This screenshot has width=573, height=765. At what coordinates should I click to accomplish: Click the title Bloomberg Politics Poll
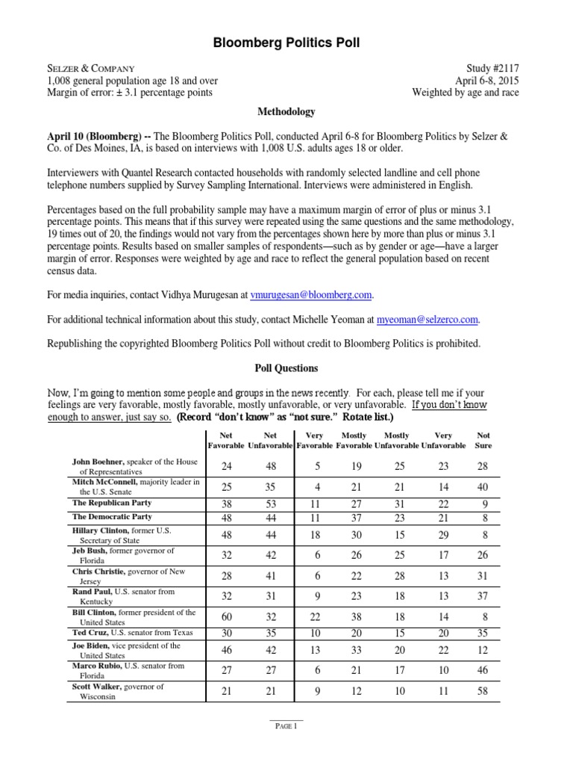(x=286, y=43)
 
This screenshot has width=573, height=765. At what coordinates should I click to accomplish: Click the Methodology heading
(x=286, y=112)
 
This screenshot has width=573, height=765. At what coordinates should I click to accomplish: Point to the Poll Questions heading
(x=286, y=368)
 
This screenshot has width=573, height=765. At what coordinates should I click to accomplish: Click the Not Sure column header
(x=483, y=440)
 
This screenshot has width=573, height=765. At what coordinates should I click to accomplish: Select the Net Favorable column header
(x=227, y=440)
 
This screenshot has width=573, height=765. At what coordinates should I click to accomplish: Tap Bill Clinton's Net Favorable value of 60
(x=227, y=618)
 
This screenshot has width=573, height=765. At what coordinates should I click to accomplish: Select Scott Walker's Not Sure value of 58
(x=483, y=691)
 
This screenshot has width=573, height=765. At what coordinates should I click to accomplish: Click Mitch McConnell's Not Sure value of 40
(x=483, y=487)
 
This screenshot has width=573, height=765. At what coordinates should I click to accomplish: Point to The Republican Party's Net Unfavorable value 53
(x=271, y=504)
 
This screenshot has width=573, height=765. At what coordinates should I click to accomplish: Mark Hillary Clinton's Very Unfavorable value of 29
(x=444, y=534)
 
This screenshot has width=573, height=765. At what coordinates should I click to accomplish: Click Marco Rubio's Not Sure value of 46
(x=483, y=670)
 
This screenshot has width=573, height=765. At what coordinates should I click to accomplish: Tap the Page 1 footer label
(x=286, y=725)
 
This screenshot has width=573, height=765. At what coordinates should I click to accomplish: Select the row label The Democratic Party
(x=112, y=516)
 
